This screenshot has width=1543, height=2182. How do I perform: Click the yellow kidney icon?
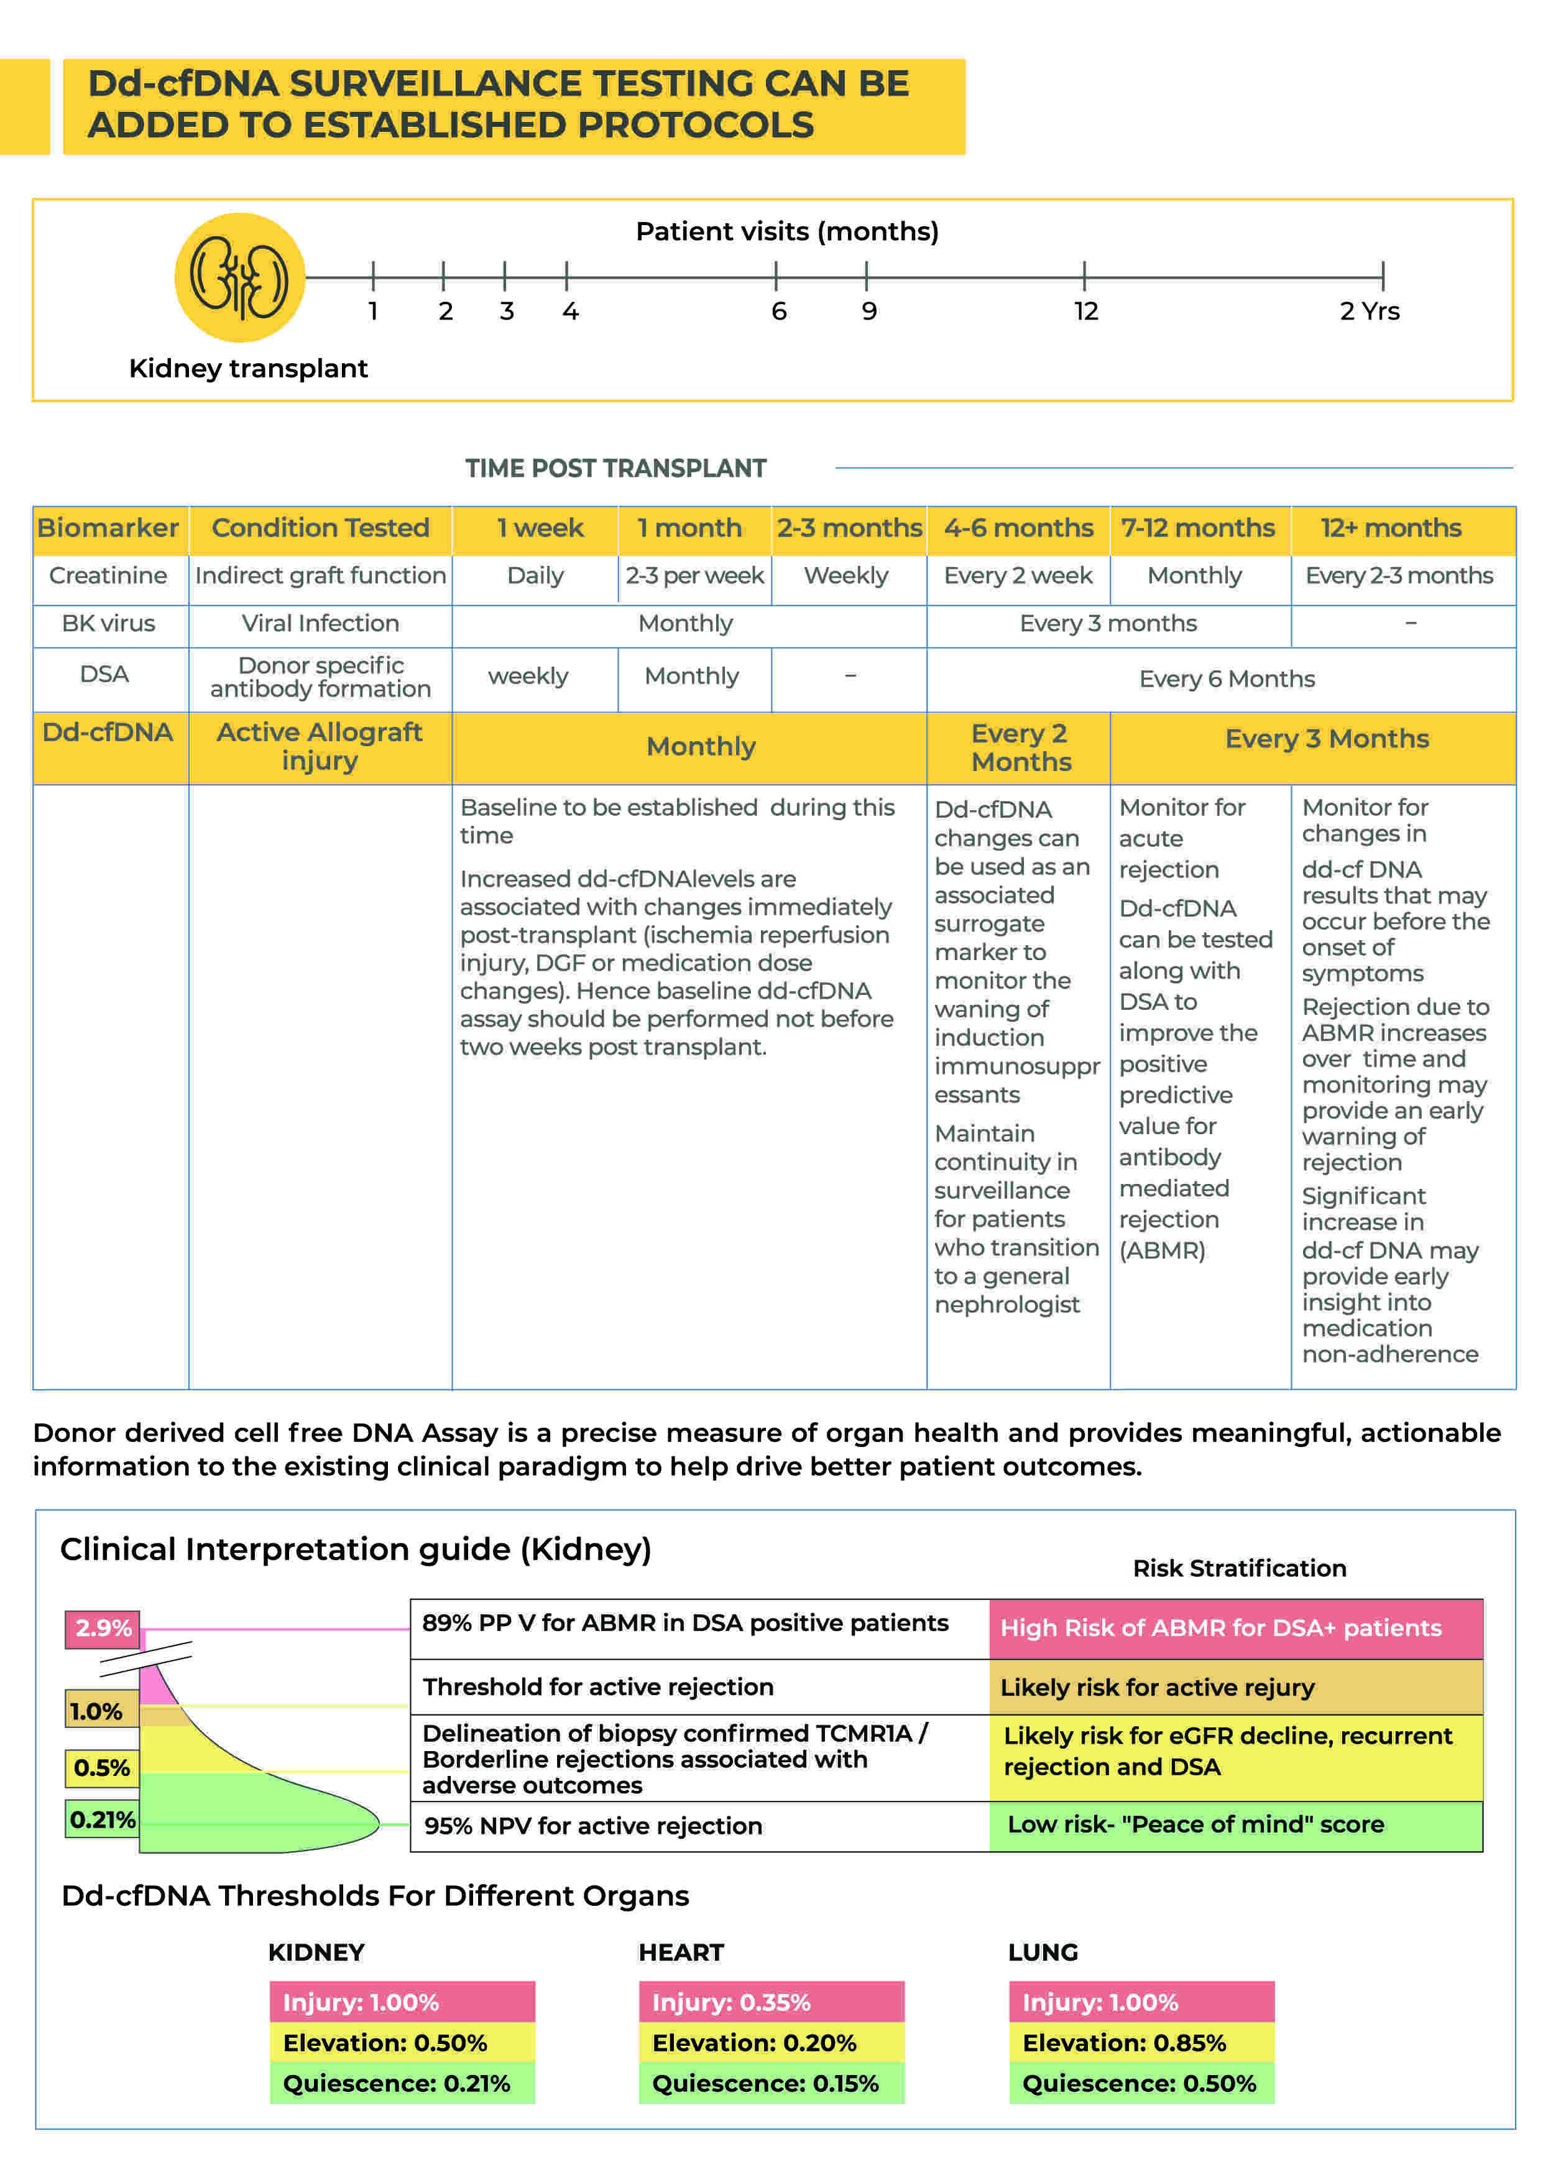(x=239, y=277)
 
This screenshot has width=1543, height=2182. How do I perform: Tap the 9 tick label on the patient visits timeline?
(x=868, y=312)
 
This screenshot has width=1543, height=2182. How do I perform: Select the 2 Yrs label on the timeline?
(x=1369, y=312)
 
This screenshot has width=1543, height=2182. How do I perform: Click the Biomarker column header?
(x=108, y=529)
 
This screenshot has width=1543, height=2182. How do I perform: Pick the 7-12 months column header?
(x=1197, y=529)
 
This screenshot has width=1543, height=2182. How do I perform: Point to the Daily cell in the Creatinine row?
(x=535, y=576)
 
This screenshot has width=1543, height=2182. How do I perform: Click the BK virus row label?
(x=108, y=624)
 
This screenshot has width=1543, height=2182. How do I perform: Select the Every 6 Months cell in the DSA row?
(x=1227, y=678)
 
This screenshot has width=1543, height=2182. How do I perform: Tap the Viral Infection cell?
(x=320, y=624)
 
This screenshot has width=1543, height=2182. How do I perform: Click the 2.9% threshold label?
(x=103, y=1628)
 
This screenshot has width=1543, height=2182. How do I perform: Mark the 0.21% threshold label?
(x=102, y=1820)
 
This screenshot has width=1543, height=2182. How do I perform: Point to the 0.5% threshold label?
(x=102, y=1768)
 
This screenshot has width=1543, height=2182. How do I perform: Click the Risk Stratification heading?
(x=1239, y=1568)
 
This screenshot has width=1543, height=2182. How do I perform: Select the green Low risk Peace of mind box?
(x=1235, y=1824)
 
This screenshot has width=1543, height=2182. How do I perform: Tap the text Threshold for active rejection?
(x=599, y=1687)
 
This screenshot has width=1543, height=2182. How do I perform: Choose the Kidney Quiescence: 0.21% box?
(x=402, y=2083)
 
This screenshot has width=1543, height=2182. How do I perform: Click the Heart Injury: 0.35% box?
(x=770, y=2002)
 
